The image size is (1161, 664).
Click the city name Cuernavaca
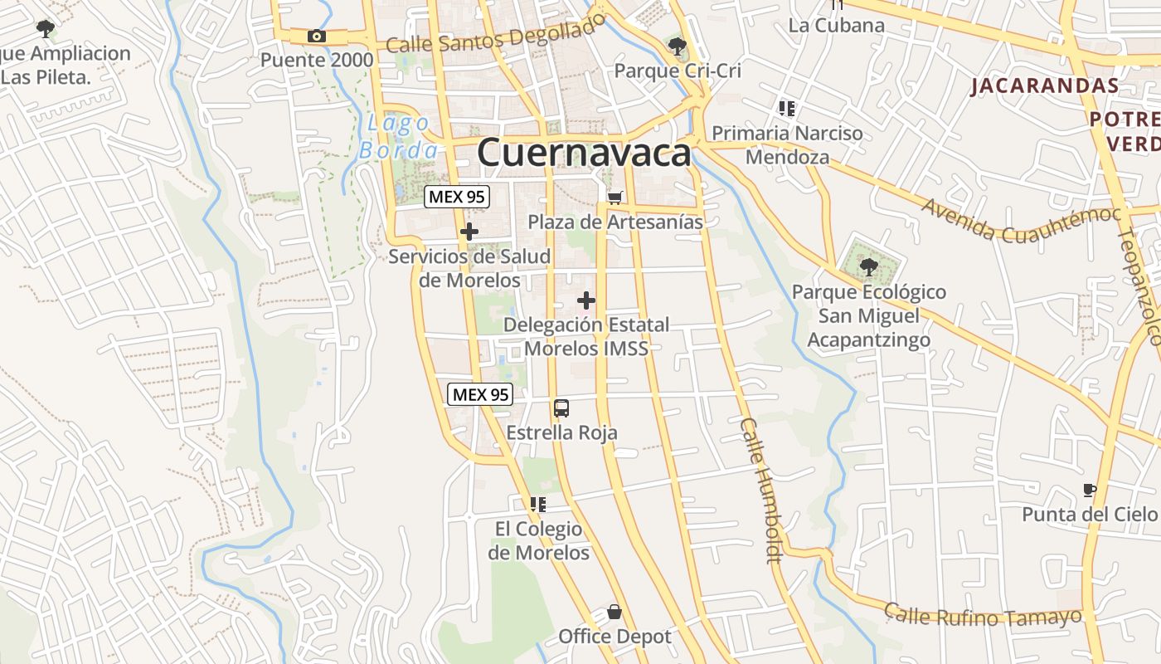(x=584, y=154)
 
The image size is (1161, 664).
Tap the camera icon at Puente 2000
(x=316, y=36)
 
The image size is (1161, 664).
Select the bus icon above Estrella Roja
(x=561, y=408)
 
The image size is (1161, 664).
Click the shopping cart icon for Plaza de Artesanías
(x=615, y=198)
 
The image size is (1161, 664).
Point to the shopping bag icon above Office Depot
(x=615, y=613)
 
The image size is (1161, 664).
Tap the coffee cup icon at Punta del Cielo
(x=1090, y=490)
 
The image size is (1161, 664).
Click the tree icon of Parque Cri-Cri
(x=678, y=46)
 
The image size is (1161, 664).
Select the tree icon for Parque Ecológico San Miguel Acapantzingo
(x=868, y=267)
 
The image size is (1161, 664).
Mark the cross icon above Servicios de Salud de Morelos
(x=469, y=232)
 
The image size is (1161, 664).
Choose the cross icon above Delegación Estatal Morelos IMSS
(x=586, y=300)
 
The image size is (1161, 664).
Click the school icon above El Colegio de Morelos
(x=538, y=504)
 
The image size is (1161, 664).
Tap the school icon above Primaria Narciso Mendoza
(x=787, y=108)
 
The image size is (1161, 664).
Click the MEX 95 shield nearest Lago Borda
(x=457, y=198)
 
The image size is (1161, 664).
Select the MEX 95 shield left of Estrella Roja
(x=480, y=394)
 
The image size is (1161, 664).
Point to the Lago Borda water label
(x=398, y=137)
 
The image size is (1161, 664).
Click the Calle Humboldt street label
(x=762, y=491)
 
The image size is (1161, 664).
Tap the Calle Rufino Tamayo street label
(x=982, y=616)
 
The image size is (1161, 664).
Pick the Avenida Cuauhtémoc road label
(x=1020, y=220)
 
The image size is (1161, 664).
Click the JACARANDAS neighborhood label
(x=1045, y=85)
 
